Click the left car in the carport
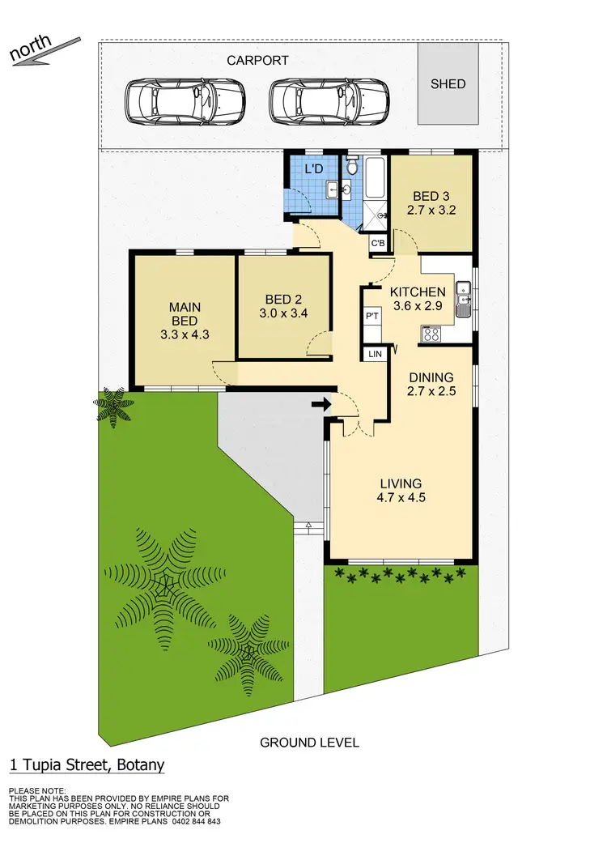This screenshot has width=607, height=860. tap(185, 101)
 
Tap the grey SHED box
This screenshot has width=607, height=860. tap(448, 83)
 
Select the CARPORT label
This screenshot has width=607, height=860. tap(257, 61)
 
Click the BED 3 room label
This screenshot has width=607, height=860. tap(431, 197)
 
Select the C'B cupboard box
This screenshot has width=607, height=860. tap(378, 243)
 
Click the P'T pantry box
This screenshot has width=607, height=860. tap(372, 316)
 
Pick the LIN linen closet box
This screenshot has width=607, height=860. tap(375, 354)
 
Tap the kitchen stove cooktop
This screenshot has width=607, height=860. tap(431, 333)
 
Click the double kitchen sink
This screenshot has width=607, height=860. tap(463, 298)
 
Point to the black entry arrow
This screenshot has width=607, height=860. tap(321, 404)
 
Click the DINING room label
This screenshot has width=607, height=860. tap(431, 377)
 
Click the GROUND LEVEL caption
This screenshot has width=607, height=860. tap(309, 742)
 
